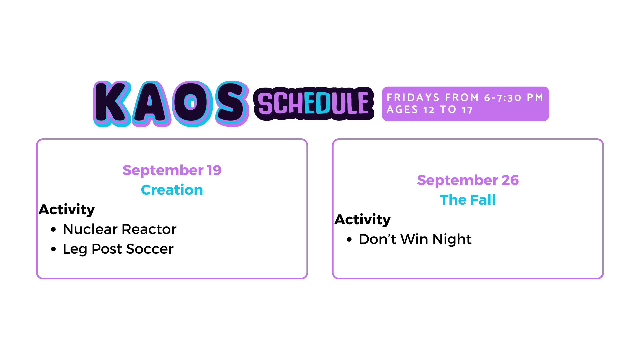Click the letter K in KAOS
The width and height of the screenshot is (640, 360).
tap(112, 104)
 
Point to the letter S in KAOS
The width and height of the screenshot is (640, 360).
tap(232, 104)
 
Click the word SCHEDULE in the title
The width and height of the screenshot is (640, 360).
tap(314, 104)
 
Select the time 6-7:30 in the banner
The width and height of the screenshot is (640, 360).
tap(502, 98)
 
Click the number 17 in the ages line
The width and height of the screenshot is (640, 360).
tap(467, 110)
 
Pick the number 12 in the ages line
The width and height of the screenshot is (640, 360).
tap(429, 110)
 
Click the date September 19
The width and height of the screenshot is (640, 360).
tap(172, 170)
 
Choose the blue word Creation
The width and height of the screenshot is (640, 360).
tap(172, 190)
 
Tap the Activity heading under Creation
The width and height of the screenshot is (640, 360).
tap(67, 210)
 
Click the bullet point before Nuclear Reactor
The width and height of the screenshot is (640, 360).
tap(54, 229)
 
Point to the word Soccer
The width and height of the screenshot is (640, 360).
tap(150, 249)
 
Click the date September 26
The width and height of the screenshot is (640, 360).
tap(468, 180)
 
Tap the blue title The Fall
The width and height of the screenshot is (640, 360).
tap(468, 200)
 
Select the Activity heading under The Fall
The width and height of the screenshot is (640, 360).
tap(363, 220)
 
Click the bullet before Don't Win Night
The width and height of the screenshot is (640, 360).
tap(349, 239)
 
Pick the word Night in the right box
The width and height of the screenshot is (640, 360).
tap(452, 240)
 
